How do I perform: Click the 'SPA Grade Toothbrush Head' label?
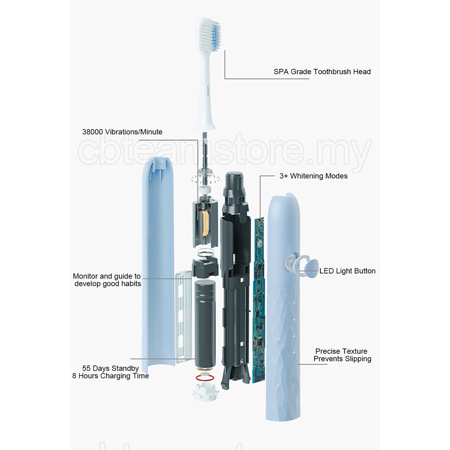point(322,72)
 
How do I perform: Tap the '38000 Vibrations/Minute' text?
point(122,132)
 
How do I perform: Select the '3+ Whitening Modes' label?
point(313,176)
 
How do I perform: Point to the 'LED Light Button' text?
point(347,271)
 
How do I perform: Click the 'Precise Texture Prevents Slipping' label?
point(342,355)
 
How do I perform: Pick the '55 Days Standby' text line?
point(110,368)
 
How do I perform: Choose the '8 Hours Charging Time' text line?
point(110,376)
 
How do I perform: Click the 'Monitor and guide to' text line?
point(107,276)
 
